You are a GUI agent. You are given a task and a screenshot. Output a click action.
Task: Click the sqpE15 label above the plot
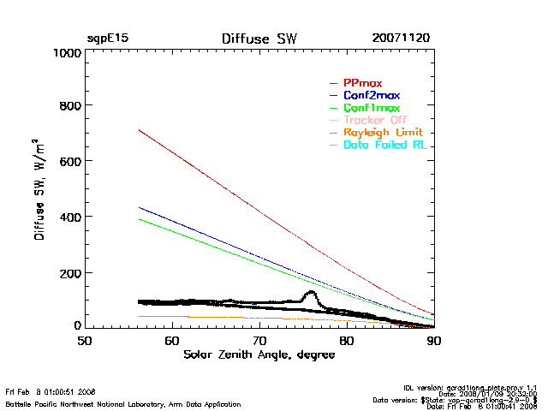click(107, 39)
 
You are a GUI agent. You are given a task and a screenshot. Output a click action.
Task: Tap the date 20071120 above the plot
click(402, 39)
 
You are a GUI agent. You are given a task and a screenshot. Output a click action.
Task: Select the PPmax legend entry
click(363, 83)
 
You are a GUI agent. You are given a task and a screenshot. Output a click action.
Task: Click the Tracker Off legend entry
click(375, 121)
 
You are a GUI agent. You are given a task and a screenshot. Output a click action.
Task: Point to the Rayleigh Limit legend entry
click(383, 133)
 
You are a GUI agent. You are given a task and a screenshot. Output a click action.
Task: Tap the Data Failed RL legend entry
click(385, 146)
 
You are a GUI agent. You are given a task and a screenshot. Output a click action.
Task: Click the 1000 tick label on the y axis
click(65, 53)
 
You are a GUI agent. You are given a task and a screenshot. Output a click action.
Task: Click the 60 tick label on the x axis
click(172, 340)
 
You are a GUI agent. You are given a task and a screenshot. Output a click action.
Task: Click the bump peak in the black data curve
click(310, 293)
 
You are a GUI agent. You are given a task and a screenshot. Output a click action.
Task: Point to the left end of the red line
click(139, 130)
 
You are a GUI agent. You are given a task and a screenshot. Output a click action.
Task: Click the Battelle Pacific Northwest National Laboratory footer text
click(123, 403)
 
